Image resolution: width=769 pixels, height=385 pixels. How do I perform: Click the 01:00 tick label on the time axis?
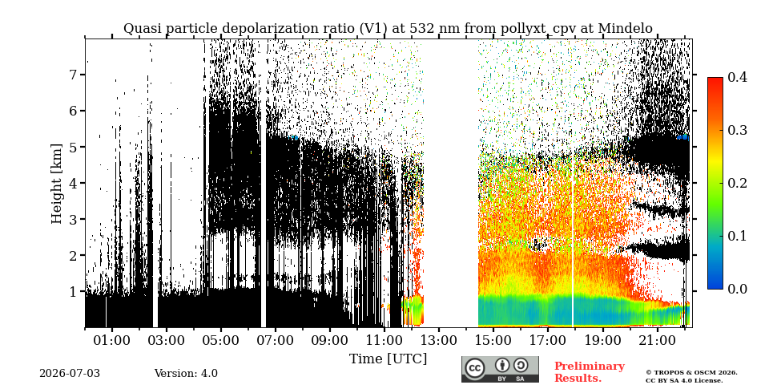[x=112, y=340]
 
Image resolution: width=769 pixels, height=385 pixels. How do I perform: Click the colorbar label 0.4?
[x=737, y=77]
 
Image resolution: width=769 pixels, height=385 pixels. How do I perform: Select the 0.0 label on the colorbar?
[x=737, y=289]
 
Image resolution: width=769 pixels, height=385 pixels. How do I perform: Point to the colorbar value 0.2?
[x=737, y=183]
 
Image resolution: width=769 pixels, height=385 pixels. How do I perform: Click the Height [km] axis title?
[x=58, y=184]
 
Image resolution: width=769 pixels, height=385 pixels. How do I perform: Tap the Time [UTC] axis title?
[x=388, y=359]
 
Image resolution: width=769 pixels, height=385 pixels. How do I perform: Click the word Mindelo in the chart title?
[x=626, y=29]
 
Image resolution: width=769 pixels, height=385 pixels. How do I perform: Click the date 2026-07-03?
[x=70, y=374]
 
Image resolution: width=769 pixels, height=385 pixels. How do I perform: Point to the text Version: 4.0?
[x=186, y=374]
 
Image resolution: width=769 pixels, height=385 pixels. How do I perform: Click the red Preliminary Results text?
[x=590, y=372]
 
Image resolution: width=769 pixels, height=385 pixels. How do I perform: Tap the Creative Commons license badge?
[x=500, y=369]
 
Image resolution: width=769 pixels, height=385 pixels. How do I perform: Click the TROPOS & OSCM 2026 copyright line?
[x=691, y=373]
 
